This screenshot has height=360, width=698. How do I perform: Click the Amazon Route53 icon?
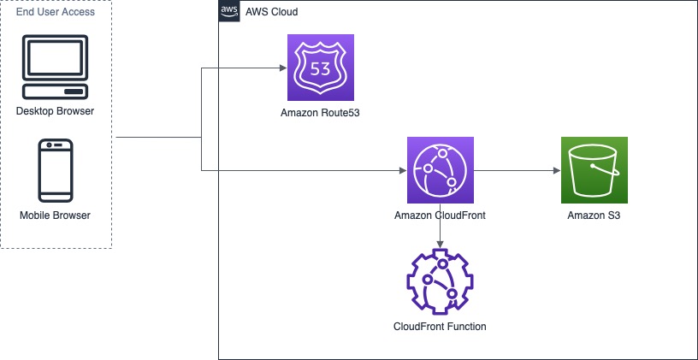pos(321,68)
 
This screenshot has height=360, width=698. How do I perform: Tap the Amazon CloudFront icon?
pos(440,170)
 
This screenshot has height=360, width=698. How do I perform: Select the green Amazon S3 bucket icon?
pos(593,170)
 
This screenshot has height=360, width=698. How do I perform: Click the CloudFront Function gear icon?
pos(440,283)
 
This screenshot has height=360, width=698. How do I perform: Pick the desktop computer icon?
pos(55,68)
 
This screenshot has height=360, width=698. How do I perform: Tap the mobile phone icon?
pos(55,171)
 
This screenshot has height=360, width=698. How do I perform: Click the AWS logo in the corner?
pos(229,11)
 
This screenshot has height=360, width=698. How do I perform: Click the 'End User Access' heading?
pos(56,12)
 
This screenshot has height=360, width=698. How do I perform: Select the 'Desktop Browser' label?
pos(55,111)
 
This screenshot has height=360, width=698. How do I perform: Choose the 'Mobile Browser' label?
pos(55,215)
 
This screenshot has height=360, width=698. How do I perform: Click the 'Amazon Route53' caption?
pos(320,113)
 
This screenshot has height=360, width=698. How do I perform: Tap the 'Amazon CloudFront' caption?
pos(440,215)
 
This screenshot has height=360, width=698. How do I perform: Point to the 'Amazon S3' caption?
pos(593,215)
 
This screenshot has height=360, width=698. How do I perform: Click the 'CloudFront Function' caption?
pos(440,327)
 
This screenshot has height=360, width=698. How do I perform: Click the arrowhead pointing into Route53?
pos(282,68)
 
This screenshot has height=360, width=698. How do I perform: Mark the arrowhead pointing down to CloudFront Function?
pos(440,246)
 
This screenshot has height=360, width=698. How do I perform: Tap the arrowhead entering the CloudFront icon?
pos(401,171)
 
